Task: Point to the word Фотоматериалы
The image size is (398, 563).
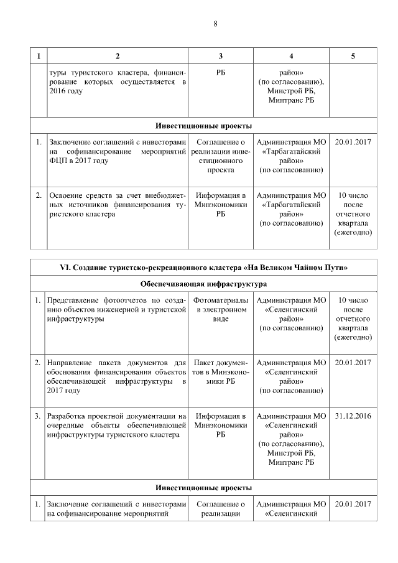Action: (221, 300)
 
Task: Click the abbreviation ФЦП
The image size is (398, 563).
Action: (58, 161)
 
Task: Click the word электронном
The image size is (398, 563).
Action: (221, 310)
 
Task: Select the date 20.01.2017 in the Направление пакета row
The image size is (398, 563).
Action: (353, 363)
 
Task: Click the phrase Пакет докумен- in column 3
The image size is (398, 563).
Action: (221, 363)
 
